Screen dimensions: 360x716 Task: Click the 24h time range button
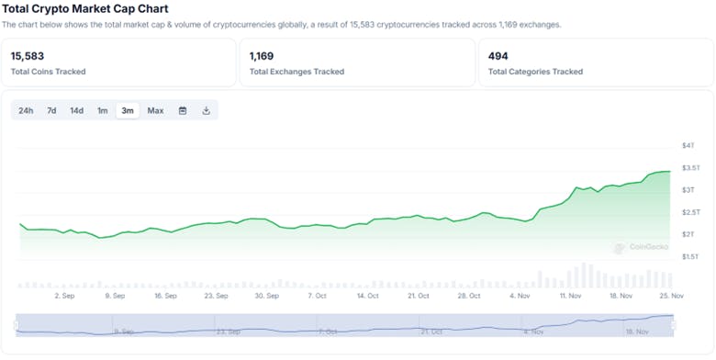(x=26, y=111)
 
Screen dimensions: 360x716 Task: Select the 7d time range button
(x=51, y=111)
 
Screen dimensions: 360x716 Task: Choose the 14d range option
(x=77, y=111)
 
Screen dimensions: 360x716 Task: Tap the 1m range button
(x=103, y=111)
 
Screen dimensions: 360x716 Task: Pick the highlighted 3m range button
(x=128, y=111)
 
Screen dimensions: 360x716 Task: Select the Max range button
(x=155, y=111)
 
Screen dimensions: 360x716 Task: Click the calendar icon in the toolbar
(x=183, y=111)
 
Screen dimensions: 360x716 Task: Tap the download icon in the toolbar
(x=207, y=111)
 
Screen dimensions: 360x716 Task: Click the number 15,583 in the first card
(x=28, y=56)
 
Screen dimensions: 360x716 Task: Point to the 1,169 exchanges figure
(x=262, y=56)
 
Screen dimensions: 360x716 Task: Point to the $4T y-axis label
(x=688, y=146)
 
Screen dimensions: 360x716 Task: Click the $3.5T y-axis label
(x=690, y=168)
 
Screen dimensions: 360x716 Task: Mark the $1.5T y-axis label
(x=690, y=256)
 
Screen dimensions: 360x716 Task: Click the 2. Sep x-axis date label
(x=64, y=297)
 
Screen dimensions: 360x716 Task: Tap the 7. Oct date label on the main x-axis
(x=318, y=297)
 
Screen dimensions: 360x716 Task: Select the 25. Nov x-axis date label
(x=672, y=297)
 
